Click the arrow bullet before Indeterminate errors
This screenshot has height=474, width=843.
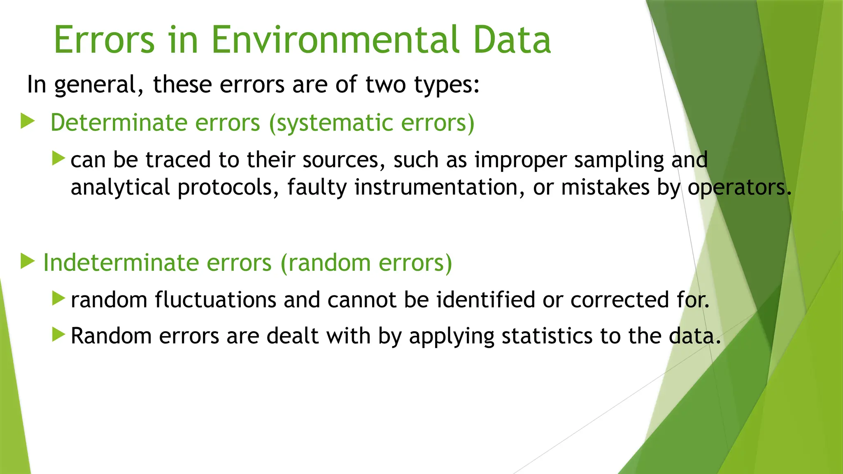(28, 261)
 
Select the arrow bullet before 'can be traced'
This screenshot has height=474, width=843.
(59, 158)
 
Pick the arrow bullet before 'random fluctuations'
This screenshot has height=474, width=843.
(59, 298)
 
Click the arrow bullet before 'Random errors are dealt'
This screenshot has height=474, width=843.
(59, 335)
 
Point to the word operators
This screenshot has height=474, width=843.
(739, 188)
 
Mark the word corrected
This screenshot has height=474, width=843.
(619, 300)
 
